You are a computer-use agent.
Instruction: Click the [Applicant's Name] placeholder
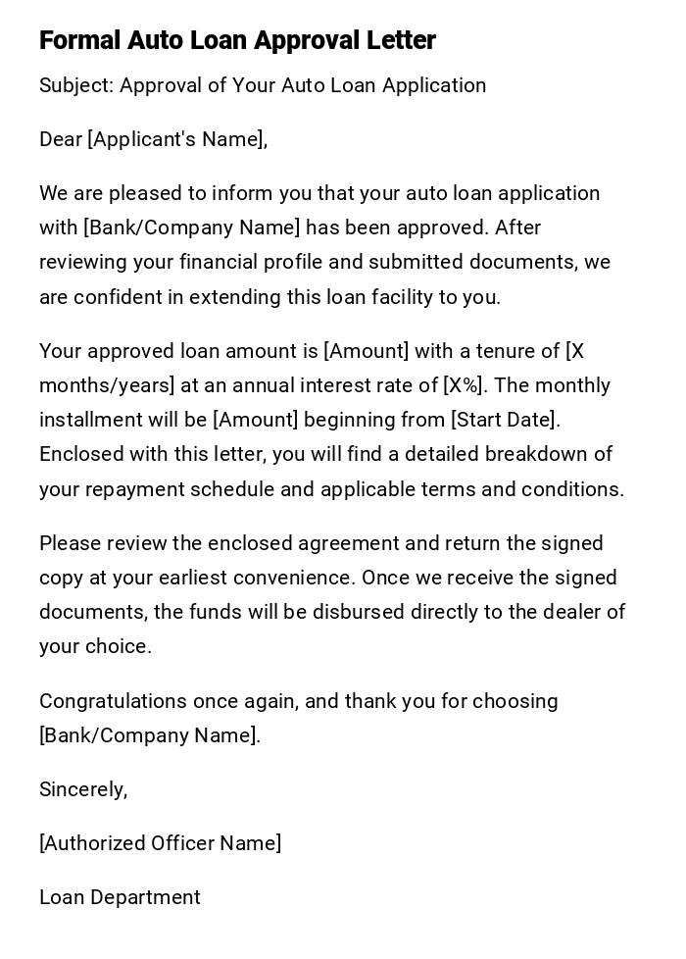pyautogui.click(x=176, y=139)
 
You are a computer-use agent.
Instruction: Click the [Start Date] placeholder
pyautogui.click(x=505, y=420)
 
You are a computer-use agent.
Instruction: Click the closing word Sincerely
pyautogui.click(x=83, y=789)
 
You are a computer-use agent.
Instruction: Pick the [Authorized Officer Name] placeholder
pyautogui.click(x=160, y=843)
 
